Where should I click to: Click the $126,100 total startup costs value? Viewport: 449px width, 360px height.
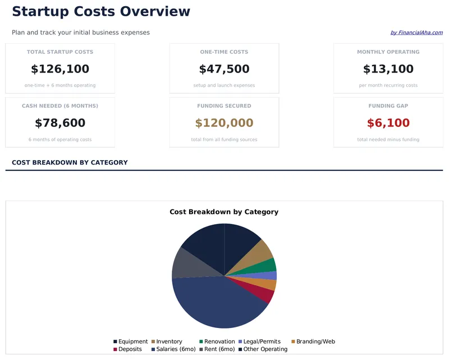[x=60, y=69]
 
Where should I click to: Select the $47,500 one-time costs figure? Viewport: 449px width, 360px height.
[x=224, y=69]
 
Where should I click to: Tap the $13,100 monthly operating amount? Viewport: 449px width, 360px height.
[x=388, y=69]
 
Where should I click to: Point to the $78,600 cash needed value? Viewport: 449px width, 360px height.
[x=60, y=123]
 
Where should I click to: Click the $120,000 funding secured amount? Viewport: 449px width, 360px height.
[x=224, y=123]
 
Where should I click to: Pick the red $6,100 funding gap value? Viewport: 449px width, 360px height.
[x=388, y=123]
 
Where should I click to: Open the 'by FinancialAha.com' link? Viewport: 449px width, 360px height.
[x=416, y=33]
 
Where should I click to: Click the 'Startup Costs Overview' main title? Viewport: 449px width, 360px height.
[x=101, y=12]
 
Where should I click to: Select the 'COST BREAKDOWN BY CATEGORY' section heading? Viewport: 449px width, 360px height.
[x=70, y=162]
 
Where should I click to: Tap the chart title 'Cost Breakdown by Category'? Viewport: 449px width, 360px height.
[x=224, y=212]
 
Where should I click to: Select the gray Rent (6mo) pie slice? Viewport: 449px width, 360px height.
[x=185, y=263]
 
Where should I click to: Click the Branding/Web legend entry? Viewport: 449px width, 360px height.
[x=315, y=341]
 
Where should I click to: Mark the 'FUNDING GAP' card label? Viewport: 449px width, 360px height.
[x=388, y=106]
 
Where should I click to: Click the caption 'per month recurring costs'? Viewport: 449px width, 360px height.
[x=388, y=85]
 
